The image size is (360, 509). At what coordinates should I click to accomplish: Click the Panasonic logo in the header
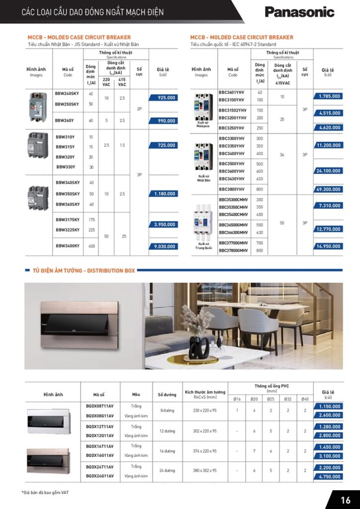click(x=299, y=12)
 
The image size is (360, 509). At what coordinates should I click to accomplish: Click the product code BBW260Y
click(x=65, y=120)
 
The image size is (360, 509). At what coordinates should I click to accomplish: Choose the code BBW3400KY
click(x=67, y=246)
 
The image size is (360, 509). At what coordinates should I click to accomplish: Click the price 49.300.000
click(x=328, y=189)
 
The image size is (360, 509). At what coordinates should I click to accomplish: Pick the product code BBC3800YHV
click(x=232, y=189)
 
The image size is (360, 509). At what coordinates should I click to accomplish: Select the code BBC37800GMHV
click(x=233, y=251)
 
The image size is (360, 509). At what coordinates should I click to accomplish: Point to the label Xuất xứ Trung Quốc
click(x=203, y=246)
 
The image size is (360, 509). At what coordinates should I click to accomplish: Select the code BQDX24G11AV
click(x=99, y=476)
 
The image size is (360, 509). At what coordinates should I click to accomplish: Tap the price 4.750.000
click(x=328, y=477)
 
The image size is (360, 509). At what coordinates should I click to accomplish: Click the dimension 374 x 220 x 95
click(x=205, y=451)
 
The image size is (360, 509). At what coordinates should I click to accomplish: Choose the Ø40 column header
click(x=305, y=399)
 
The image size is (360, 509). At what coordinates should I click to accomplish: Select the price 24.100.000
click(x=328, y=171)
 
